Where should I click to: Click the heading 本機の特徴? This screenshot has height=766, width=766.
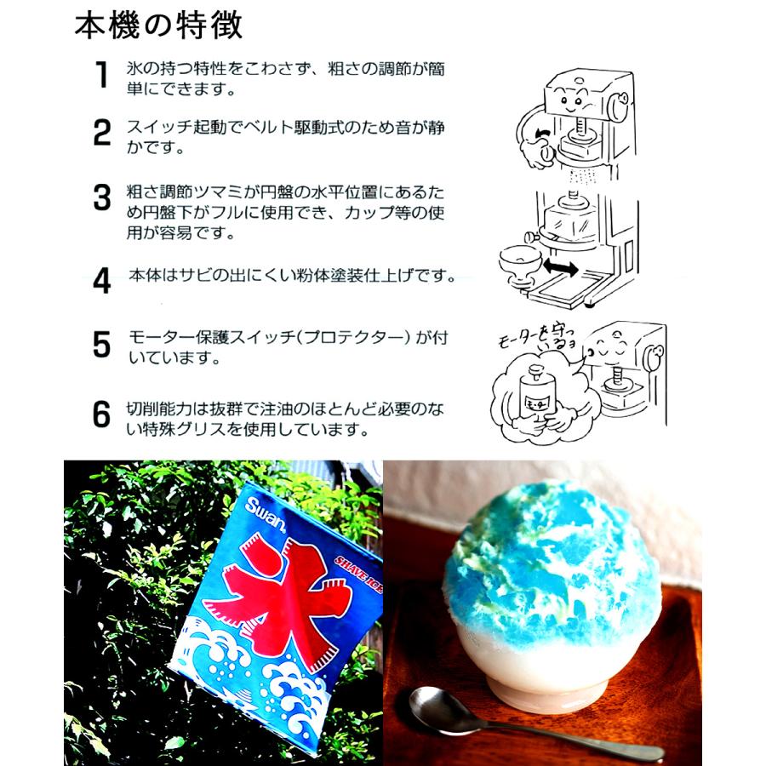click(159, 26)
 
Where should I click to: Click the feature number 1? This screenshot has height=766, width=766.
click(102, 75)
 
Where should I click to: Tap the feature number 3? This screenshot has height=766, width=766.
click(102, 198)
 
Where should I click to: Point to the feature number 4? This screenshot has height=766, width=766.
click(102, 280)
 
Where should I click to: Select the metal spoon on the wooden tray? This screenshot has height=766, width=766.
click(511, 719)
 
